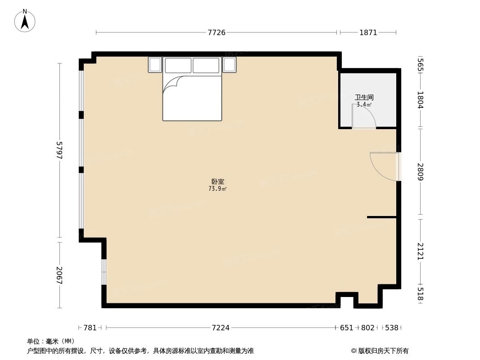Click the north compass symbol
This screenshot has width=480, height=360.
pos(25,21)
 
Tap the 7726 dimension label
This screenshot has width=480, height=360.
pos(216,32)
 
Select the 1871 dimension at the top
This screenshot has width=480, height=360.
pos(368,32)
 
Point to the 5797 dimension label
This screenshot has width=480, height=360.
pos(59,150)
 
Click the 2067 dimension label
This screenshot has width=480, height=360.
pos(59,275)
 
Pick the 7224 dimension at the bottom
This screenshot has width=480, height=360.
pos(221,328)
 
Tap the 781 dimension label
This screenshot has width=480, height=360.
pos(90,328)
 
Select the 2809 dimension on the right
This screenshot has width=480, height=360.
pos(420,172)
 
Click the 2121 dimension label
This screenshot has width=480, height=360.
pos(420,251)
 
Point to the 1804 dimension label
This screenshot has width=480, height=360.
pos(420,100)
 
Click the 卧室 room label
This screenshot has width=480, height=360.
pos(217,182)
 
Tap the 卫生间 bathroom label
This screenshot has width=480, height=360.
pos(364,97)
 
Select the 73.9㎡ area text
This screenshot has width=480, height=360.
pos(217,189)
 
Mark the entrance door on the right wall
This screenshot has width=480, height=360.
pos(385,166)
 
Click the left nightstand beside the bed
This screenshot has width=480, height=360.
pos(155,65)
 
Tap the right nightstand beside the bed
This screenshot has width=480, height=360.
pos(230,65)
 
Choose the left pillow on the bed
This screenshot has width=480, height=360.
pos(178,65)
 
